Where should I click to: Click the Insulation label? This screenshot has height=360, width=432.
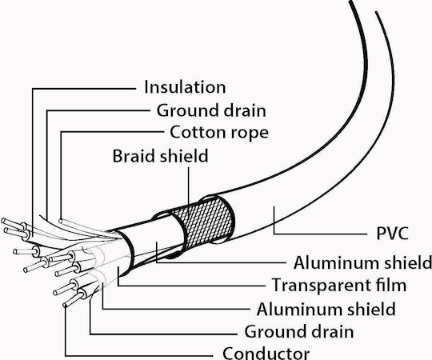coord(185,87)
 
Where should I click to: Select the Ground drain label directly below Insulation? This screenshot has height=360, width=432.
coord(211,110)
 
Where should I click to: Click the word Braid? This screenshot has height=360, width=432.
coord(134,156)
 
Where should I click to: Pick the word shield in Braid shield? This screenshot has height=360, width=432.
coord(183,156)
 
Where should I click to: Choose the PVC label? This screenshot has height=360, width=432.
coord(392,233)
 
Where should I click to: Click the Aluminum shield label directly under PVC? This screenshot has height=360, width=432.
coord(362,262)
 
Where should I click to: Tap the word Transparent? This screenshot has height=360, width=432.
coord(319,285)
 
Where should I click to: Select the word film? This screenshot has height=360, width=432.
coord(389,285)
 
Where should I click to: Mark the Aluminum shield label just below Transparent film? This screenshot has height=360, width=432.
coord(326,309)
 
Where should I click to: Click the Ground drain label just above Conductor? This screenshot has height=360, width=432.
coord(299,331)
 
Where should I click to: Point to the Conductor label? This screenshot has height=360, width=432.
coord(266,353)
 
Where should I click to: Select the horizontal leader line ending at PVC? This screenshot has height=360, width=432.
coord(321,234)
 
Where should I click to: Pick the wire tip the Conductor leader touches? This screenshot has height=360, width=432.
coord(65,305)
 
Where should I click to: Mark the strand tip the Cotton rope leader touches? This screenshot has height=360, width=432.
coord(61,221)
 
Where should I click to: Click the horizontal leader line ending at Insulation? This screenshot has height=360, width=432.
coord(84,89)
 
